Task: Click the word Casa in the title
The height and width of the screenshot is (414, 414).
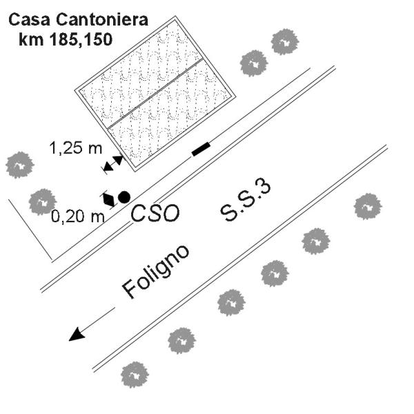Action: coord(29,19)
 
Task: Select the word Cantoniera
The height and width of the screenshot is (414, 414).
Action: coord(102,19)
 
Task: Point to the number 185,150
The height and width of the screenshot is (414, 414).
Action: coord(81,40)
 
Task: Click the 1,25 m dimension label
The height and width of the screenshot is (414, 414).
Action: coord(76,148)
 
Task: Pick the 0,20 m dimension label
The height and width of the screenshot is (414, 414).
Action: coord(78,217)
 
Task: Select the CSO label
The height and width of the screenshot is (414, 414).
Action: coord(155,213)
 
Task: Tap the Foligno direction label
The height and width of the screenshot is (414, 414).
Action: coord(156,273)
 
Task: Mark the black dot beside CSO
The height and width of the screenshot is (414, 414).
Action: coord(124,197)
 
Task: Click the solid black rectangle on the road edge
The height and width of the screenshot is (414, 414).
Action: coord(201,149)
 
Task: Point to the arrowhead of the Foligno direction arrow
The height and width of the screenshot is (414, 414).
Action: coord(77,335)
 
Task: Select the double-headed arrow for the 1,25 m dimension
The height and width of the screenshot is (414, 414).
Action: coord(113,164)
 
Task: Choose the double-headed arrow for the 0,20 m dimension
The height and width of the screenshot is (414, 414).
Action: coord(109,199)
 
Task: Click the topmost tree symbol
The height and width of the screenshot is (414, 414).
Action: coord(285,41)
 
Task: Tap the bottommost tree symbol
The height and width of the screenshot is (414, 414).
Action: coord(135,375)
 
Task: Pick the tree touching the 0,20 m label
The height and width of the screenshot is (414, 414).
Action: coord(43,202)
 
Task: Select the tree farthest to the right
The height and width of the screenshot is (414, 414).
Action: coord(368,206)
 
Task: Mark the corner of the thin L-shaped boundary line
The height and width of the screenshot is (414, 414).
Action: coord(52,259)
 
